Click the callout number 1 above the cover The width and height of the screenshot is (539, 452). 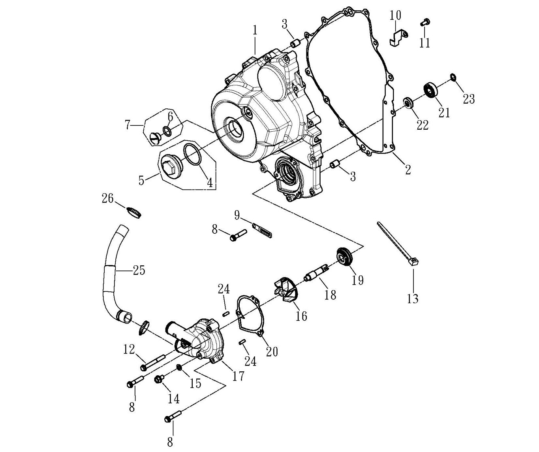tap(255, 30)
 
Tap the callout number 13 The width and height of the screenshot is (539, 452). tap(412, 299)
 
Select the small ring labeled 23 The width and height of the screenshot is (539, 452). tap(453, 77)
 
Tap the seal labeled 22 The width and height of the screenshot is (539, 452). tap(408, 103)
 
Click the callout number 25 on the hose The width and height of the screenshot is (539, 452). tap(139, 270)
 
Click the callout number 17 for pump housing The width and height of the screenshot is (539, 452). tap(238, 376)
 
